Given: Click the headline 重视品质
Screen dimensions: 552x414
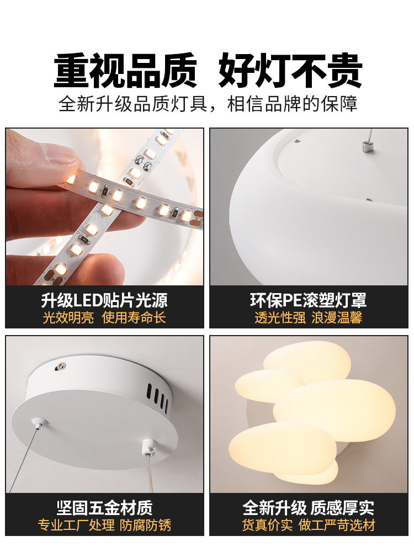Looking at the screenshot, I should coord(125,71).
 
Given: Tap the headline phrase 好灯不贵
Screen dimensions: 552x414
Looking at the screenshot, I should coord(290,71).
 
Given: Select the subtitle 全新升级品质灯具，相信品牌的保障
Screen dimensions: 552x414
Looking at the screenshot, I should coord(208,104).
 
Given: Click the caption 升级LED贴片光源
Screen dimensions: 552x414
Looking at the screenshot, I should coord(104,300).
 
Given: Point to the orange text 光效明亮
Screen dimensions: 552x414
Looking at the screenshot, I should coord(68,317).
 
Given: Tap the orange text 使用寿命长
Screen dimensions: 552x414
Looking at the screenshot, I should coord(134,317).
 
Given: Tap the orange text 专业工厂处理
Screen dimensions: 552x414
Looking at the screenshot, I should coord(76,524).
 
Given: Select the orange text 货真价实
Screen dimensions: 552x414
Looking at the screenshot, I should coord(268,524).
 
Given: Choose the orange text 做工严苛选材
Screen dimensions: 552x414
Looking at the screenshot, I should coord(337,524).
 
